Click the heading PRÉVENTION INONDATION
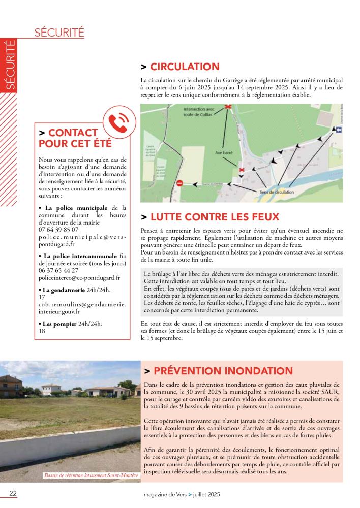(x=223, y=371)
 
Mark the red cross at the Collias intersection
(x=228, y=106)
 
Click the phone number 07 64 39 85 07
(x=58, y=230)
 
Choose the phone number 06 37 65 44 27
(x=58, y=271)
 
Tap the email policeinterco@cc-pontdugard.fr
(x=79, y=278)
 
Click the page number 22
(x=13, y=493)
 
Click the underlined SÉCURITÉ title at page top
(x=59, y=33)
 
